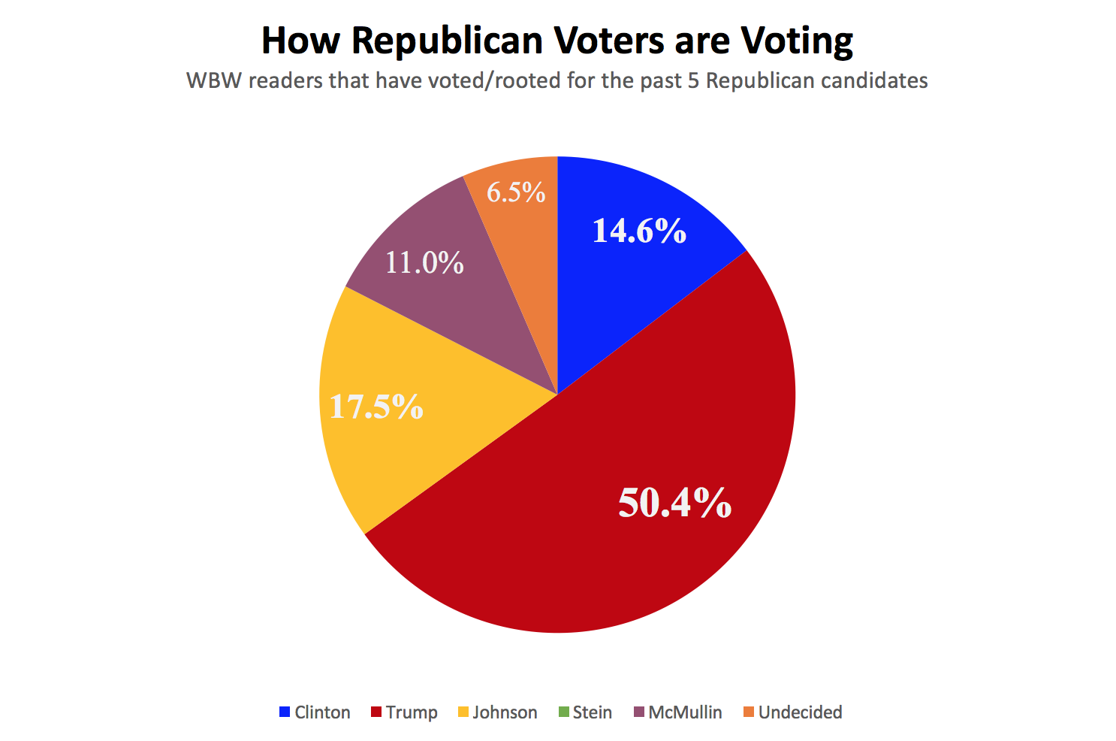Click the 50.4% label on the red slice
click(674, 503)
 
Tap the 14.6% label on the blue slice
click(639, 231)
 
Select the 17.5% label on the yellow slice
click(376, 407)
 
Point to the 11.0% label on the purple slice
click(424, 262)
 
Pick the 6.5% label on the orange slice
click(516, 192)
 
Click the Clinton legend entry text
click(322, 712)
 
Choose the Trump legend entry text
click(412, 712)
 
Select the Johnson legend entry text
click(505, 712)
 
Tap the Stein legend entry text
click(592, 712)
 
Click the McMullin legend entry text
click(685, 712)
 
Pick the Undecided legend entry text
click(800, 712)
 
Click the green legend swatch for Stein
click(564, 712)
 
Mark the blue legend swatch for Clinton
click(285, 712)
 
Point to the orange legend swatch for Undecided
click(749, 712)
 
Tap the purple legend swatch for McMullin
click(639, 712)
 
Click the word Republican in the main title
click(447, 41)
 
